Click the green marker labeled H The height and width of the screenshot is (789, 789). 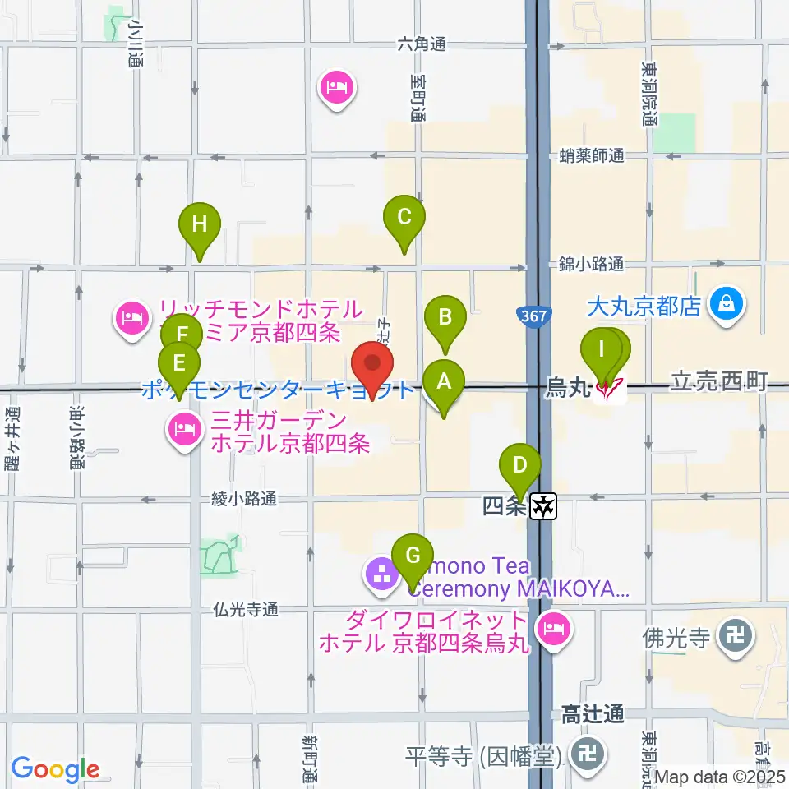(x=200, y=224)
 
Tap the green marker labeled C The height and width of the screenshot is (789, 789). (x=404, y=217)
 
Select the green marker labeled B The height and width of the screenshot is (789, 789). (x=445, y=317)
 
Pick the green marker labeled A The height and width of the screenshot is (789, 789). (x=444, y=381)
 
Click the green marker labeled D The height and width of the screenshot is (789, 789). (x=519, y=465)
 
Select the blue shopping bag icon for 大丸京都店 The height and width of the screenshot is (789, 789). (x=727, y=306)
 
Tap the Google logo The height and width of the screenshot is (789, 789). (x=55, y=769)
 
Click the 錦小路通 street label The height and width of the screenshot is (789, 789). (x=592, y=264)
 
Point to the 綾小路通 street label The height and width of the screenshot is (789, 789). (x=243, y=498)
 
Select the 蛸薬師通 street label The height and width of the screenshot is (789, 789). (x=592, y=155)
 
